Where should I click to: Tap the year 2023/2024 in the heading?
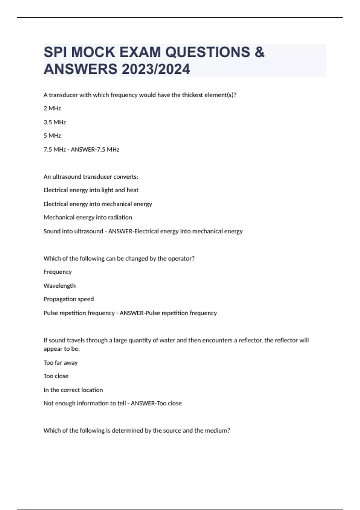point(156,69)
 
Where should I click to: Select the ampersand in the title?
point(259,52)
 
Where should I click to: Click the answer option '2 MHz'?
point(52,108)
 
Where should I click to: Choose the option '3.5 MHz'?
point(55,122)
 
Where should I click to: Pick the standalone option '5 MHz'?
point(52,136)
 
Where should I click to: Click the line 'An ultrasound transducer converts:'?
point(91,177)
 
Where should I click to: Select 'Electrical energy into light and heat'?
point(91,190)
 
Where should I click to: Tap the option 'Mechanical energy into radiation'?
point(88,217)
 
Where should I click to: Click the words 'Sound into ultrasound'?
point(73,231)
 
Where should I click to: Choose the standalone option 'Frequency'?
point(58,272)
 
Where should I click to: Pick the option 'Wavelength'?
point(59,286)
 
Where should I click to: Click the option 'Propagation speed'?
point(69,299)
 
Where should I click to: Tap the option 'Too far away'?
point(61,363)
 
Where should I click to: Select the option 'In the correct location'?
point(73,390)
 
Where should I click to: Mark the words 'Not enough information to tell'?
point(85,403)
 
